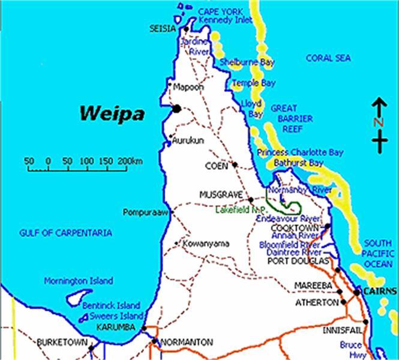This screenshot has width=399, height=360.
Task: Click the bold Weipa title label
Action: tap(112, 112)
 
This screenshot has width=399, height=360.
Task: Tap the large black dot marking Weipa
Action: tap(176, 109)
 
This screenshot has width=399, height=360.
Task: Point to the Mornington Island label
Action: tap(78, 280)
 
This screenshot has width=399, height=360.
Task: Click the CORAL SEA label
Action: tap(327, 58)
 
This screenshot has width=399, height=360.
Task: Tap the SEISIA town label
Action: tap(163, 29)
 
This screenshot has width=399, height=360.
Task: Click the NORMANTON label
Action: tap(187, 342)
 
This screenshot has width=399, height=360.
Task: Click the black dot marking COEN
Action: tap(235, 164)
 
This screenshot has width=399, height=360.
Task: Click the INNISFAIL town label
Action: tap(339, 331)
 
